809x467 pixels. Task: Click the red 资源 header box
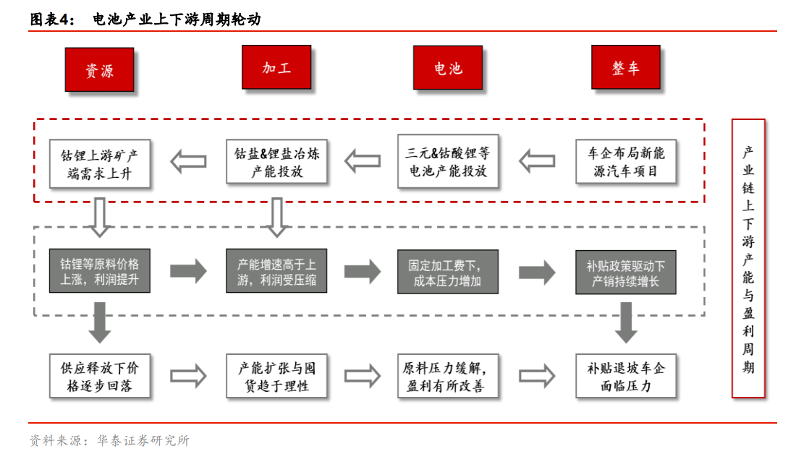99,70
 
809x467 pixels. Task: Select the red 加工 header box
276,67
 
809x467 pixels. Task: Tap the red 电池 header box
447,68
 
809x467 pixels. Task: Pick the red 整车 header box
625,67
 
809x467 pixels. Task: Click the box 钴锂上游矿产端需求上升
99,163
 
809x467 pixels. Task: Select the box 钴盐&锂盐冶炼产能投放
276,162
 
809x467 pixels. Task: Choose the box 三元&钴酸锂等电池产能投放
448,162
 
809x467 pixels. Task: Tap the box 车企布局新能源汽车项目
626,162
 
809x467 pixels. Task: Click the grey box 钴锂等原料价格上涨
99,271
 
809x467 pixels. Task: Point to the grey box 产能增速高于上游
276,271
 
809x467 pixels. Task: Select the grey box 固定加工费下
448,271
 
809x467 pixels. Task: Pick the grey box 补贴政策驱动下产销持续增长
626,272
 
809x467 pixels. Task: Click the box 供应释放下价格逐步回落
100,376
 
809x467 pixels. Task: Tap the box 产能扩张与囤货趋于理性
276,376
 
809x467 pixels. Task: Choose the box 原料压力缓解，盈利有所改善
448,376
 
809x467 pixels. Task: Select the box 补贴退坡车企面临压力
626,376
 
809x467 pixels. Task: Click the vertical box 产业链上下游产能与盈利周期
748,258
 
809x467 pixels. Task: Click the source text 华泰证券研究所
143,440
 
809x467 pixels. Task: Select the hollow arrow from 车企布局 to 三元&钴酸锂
538,161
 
